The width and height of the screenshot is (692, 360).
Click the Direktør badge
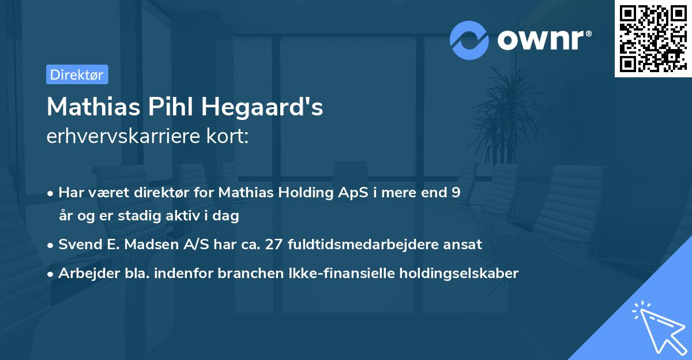click(77, 74)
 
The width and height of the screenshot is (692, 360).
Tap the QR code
click(653, 38)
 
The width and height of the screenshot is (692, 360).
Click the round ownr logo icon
click(469, 40)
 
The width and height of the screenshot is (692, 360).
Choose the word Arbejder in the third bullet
click(84, 273)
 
